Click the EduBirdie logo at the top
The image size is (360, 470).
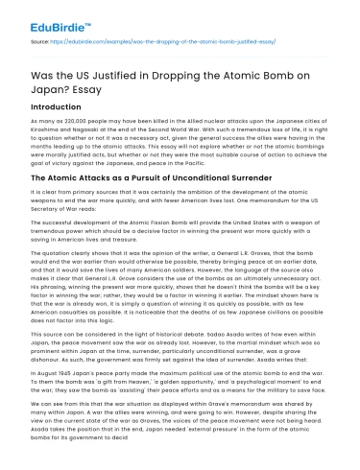point(47,17)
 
